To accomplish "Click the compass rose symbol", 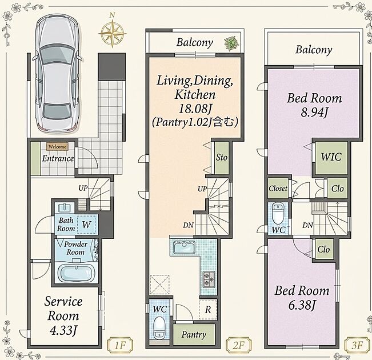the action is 112,34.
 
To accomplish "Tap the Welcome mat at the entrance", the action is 57,147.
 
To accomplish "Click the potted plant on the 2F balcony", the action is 230,43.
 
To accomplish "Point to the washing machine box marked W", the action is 86,224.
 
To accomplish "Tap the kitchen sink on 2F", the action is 185,247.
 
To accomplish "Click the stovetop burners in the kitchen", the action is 209,279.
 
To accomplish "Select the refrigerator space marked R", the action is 208,310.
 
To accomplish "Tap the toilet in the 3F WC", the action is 278,213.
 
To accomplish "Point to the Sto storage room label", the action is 222,157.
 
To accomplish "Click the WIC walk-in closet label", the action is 331,157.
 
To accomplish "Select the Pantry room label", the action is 194,335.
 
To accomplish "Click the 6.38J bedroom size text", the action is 302,305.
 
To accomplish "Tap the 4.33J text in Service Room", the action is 63,331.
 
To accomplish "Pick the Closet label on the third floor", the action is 278,189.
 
